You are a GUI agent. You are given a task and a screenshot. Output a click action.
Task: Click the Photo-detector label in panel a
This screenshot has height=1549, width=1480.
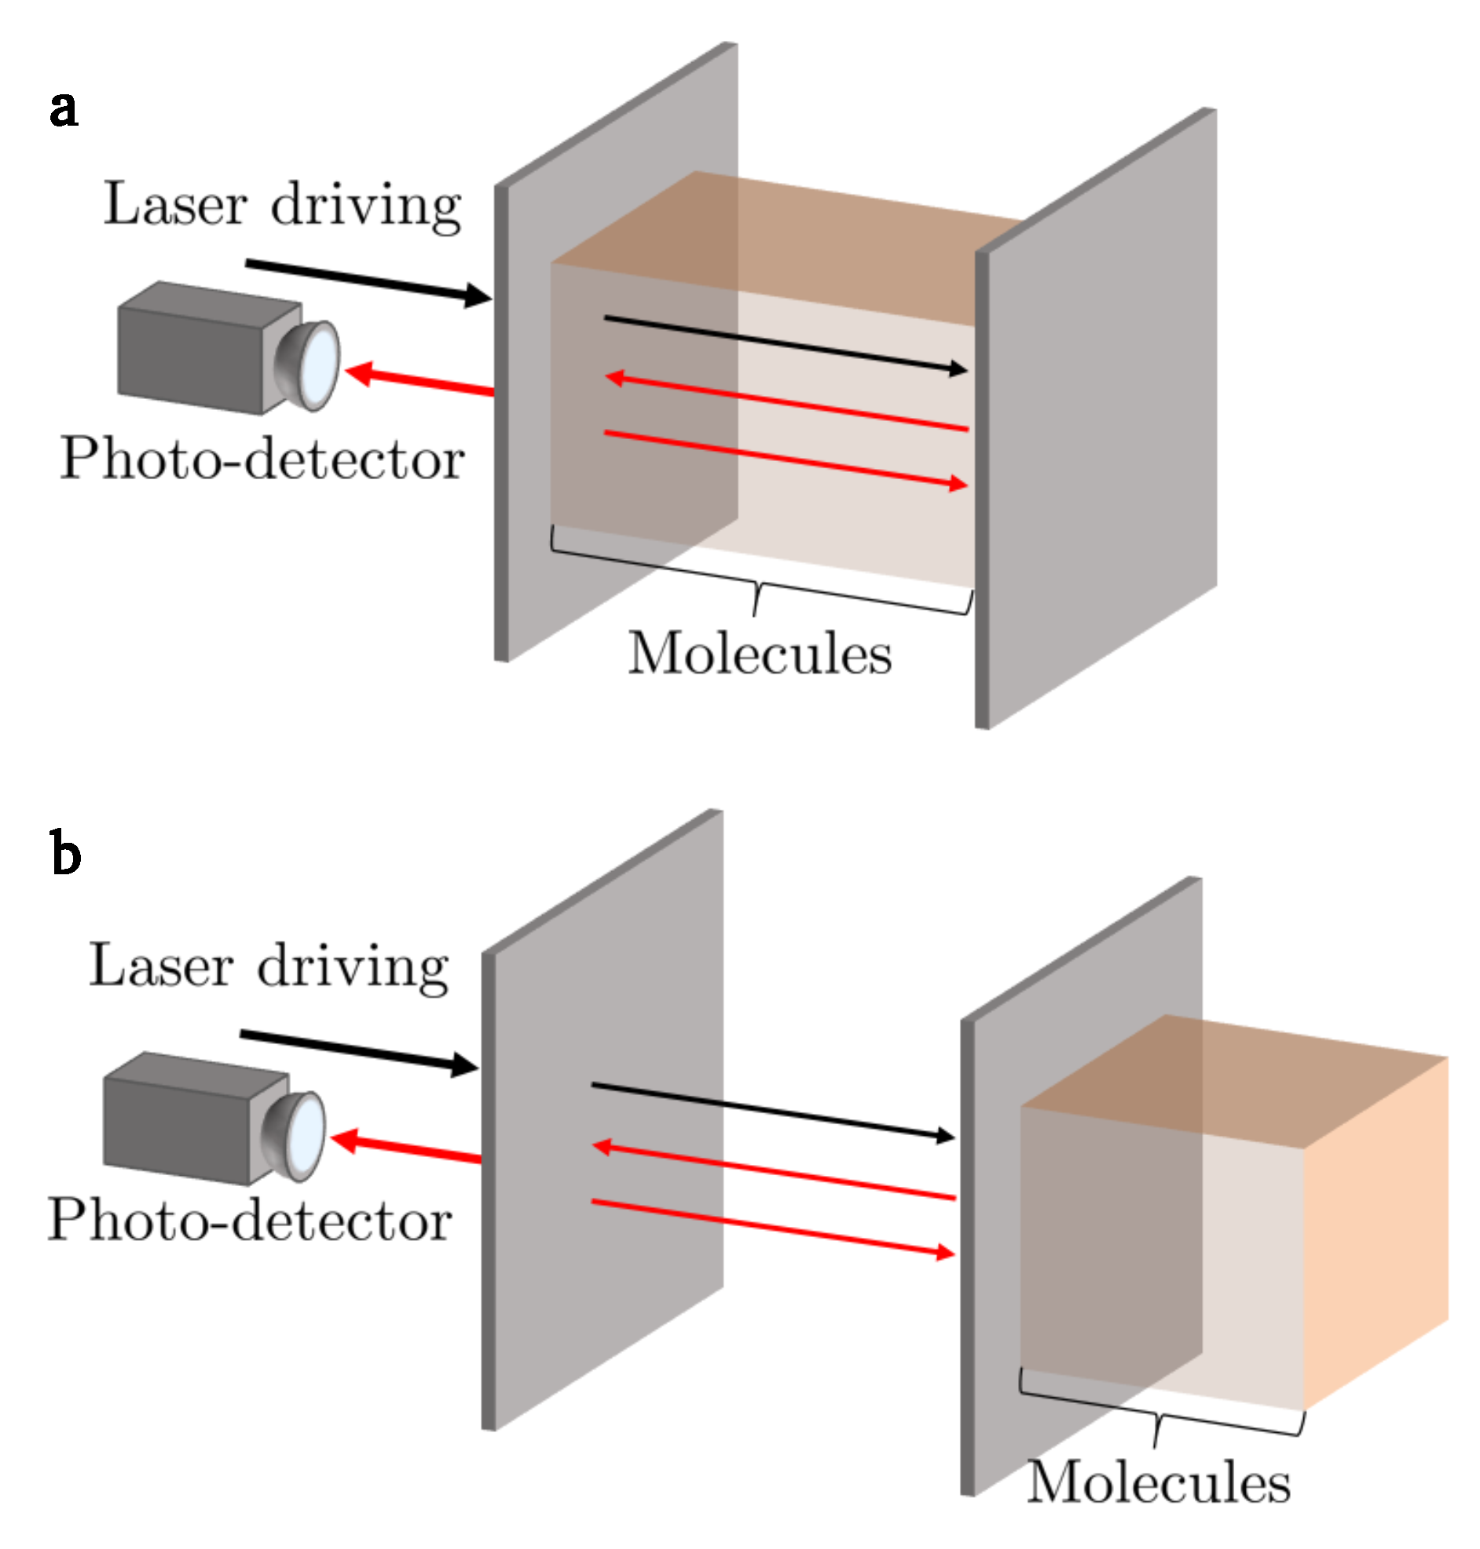pyautogui.click(x=262, y=458)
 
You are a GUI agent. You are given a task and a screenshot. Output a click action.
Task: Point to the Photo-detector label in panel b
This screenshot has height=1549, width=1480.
pyautogui.click(x=249, y=1221)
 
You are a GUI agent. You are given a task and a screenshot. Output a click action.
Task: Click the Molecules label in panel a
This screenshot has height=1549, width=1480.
pyautogui.click(x=759, y=654)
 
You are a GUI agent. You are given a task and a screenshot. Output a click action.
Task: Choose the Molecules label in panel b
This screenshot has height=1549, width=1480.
pyautogui.click(x=1158, y=1483)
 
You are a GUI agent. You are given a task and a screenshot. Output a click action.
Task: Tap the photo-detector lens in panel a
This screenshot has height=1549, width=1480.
pyautogui.click(x=320, y=364)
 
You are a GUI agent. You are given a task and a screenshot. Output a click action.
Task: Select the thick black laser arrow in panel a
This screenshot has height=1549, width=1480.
pyautogui.click(x=368, y=280)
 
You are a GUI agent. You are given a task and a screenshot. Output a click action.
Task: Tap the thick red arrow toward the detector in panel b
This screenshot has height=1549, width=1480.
pyautogui.click(x=405, y=1149)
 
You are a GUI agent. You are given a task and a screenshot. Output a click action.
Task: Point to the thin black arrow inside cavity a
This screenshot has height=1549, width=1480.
pyautogui.click(x=785, y=344)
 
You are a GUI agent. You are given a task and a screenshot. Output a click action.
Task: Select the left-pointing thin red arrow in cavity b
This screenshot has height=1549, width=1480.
pyautogui.click(x=773, y=1171)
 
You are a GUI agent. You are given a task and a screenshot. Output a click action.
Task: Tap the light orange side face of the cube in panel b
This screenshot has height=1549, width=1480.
pyautogui.click(x=1376, y=1230)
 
